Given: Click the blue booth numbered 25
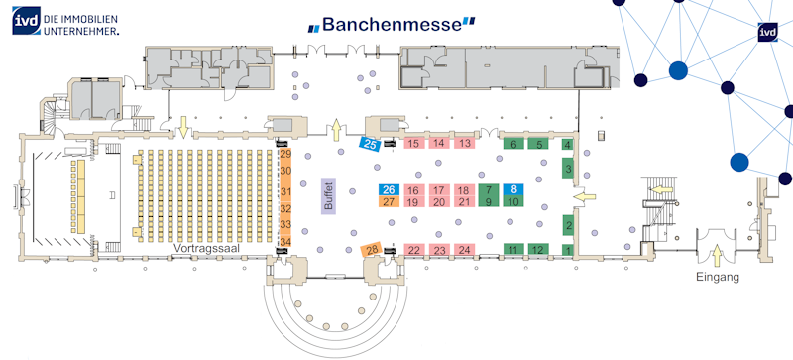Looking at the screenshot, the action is tap(370, 145).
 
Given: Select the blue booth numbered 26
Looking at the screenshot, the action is tap(389, 189).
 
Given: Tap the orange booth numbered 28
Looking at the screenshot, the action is tap(371, 249).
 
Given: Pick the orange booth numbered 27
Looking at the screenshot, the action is tap(389, 202).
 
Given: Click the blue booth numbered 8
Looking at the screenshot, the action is tap(513, 189).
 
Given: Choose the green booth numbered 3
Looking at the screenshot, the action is tap(568, 169).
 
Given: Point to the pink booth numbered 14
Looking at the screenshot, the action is tap(439, 143).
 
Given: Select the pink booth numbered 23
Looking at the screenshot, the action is tap(439, 250).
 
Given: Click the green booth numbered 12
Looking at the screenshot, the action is tap(538, 249).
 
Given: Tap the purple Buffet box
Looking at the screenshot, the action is tap(329, 194).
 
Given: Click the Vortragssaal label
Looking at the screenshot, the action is tap(206, 248).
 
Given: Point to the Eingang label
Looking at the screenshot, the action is tap(718, 277).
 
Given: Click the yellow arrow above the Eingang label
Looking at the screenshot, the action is tap(716, 255).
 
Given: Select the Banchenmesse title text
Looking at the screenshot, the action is tap(392, 24).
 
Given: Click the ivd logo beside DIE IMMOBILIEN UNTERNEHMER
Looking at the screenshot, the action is tap(27, 21).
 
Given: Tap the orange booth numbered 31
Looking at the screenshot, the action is tap(286, 191).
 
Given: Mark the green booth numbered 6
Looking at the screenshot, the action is tap(513, 144).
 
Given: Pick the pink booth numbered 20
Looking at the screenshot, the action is tap(439, 202).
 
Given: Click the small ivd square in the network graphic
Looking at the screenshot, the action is tap(764, 32).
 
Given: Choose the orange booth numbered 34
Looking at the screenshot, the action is tap(286, 241).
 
